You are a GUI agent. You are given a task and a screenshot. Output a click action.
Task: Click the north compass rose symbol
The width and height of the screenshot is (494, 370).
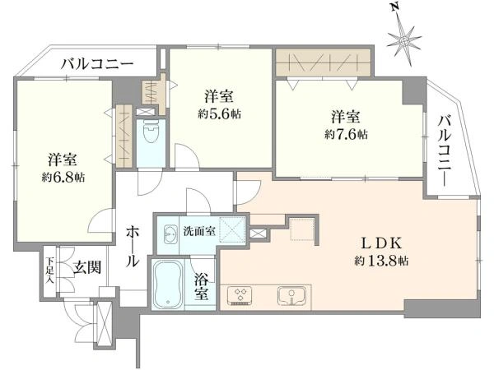click(405, 37)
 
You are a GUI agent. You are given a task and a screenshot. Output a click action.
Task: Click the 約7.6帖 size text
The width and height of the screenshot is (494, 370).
click(346, 134)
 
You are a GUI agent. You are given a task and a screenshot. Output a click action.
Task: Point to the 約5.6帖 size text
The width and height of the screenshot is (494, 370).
click(218, 113)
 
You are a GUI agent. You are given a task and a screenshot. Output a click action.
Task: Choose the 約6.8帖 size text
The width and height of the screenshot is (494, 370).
click(63, 177)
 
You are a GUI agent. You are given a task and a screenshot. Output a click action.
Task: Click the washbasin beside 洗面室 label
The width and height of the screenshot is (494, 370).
click(170, 234)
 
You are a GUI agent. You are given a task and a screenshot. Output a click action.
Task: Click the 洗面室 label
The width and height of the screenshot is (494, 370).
click(199, 231)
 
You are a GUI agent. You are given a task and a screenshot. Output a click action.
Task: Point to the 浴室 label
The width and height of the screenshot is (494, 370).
click(201, 285)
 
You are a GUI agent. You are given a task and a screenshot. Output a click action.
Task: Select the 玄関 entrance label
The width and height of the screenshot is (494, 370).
click(86, 266)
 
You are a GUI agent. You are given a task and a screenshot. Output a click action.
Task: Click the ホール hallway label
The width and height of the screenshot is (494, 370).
click(132, 247)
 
